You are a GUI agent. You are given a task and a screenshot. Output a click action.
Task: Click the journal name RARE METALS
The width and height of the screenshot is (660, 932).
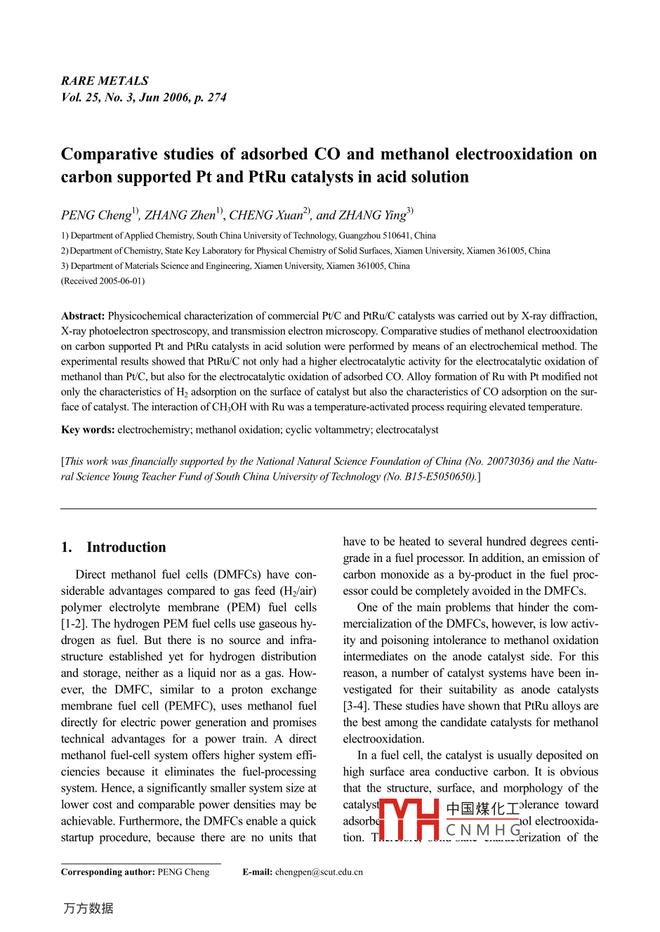[105, 81]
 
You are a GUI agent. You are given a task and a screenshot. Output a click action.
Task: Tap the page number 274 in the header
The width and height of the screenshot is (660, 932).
[217, 98]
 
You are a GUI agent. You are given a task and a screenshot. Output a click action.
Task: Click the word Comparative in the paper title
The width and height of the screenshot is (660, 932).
[109, 155]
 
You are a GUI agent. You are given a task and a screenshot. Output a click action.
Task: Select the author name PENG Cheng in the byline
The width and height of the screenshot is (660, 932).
[96, 216]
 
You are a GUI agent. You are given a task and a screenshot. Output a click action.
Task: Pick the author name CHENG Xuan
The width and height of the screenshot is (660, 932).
[266, 216]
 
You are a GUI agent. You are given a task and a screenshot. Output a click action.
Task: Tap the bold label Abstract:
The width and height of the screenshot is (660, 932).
[83, 316]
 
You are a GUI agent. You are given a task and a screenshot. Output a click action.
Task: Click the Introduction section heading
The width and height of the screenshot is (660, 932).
[126, 548]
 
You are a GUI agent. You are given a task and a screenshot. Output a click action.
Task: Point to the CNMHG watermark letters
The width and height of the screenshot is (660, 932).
[484, 830]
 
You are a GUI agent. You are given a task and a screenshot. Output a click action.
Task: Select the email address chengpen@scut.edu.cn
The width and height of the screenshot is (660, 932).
[319, 872]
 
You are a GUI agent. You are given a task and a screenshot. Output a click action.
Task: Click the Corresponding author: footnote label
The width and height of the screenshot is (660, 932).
[107, 872]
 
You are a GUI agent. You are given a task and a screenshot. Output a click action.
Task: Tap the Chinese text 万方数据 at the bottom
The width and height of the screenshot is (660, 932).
[88, 909]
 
